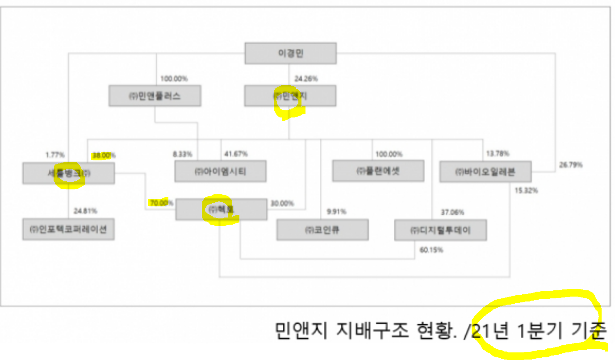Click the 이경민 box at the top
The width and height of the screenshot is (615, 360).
click(x=290, y=53)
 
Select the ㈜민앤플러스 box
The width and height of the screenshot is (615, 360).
click(x=155, y=96)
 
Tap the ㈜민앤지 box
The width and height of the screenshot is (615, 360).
click(x=290, y=96)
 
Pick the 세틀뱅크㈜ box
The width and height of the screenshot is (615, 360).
click(x=68, y=173)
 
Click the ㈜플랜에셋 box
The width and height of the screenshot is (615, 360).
click(x=378, y=171)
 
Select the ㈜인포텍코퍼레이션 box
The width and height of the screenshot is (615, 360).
click(x=68, y=229)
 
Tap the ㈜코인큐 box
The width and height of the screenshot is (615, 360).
click(x=322, y=230)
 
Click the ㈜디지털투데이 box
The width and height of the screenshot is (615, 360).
click(x=440, y=230)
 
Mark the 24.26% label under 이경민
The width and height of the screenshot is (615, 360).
click(x=306, y=79)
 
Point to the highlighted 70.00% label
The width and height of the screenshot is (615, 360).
click(x=160, y=203)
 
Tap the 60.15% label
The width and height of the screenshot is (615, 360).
click(x=431, y=250)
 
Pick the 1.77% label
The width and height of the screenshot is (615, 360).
click(x=55, y=155)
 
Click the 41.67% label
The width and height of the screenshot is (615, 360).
click(x=236, y=154)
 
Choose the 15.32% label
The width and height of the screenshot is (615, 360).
click(x=526, y=190)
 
